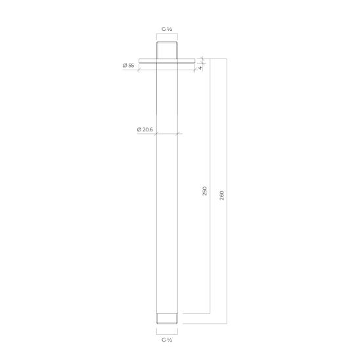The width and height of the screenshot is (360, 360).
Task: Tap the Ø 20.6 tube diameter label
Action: pyautogui.click(x=145, y=129)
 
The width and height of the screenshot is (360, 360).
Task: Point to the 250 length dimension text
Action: pyautogui.click(x=204, y=191)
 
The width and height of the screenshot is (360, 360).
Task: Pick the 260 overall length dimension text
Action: pyautogui.click(x=221, y=195)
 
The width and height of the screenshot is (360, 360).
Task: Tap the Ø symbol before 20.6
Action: pyautogui.click(x=139, y=129)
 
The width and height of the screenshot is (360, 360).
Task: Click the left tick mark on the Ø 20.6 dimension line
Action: pyautogui.click(x=156, y=134)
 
